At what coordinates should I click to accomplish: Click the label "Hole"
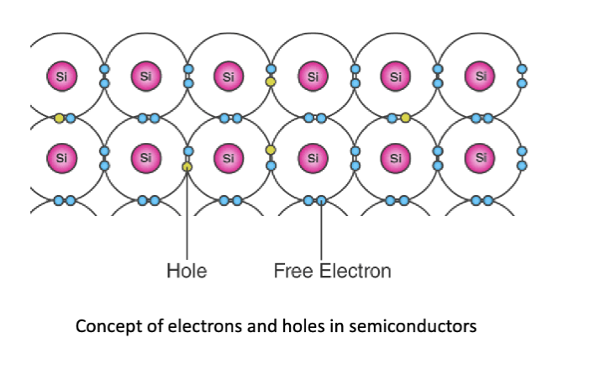click(x=187, y=272)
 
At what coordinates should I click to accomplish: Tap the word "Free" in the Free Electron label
click(x=292, y=272)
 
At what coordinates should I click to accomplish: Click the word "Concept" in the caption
click(x=104, y=325)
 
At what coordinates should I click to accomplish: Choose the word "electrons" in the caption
click(x=188, y=325)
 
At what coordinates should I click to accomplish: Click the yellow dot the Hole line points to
click(x=187, y=166)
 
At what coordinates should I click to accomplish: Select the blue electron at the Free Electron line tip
click(x=321, y=201)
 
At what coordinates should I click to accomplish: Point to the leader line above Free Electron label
click(x=321, y=231)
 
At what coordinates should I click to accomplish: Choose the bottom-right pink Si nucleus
click(x=481, y=157)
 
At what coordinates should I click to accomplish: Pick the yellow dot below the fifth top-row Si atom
click(x=406, y=118)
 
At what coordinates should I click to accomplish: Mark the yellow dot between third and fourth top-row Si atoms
click(x=271, y=82)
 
